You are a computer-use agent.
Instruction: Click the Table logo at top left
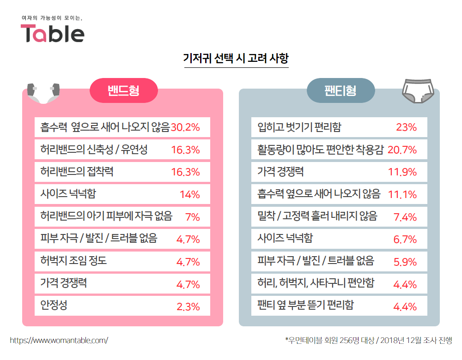pyautogui.click(x=52, y=33)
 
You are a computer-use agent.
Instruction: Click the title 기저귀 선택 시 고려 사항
pyautogui.click(x=236, y=59)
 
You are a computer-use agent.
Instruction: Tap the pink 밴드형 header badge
pyautogui.click(x=123, y=90)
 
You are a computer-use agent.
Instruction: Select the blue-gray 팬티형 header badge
pyautogui.click(x=340, y=90)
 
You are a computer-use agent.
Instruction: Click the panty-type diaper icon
pyautogui.click(x=418, y=90)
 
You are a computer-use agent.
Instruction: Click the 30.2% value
pyautogui.click(x=185, y=128)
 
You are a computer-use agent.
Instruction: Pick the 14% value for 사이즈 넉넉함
pyautogui.click(x=189, y=194)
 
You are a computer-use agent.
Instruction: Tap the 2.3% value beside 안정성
pyautogui.click(x=188, y=306)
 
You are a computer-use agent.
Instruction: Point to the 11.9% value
pyautogui.click(x=402, y=172)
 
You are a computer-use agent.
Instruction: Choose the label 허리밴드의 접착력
pyautogui.click(x=77, y=172)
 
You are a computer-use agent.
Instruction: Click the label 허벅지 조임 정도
pyautogui.click(x=73, y=261)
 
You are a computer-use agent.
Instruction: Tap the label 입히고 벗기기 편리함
pyautogui.click(x=299, y=127)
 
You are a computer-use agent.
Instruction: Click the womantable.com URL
pyautogui.click(x=59, y=341)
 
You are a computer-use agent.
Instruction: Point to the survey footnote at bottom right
pyautogui.click(x=368, y=341)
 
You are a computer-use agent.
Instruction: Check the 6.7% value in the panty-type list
pyautogui.click(x=405, y=239)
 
